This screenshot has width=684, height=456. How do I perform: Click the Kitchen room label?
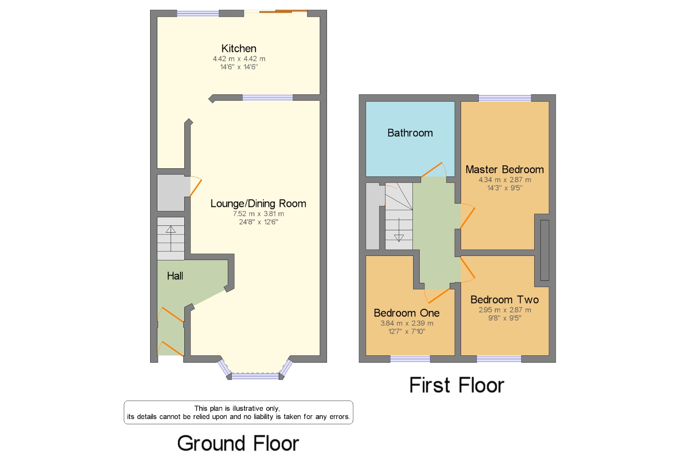tap(239, 49)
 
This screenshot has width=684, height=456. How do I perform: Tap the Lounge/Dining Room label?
tap(258, 204)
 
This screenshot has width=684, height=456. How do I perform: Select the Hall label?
tap(175, 276)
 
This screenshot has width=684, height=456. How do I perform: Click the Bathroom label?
tap(410, 133)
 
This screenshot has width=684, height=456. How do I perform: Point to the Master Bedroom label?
tap(505, 169)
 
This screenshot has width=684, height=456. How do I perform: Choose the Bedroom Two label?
tap(505, 300)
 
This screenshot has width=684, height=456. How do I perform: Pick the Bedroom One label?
tap(407, 313)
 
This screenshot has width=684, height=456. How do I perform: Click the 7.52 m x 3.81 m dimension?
tap(259, 214)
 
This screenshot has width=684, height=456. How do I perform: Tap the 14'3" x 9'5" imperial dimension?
tap(505, 188)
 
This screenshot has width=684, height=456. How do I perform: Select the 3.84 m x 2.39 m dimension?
tap(407, 323)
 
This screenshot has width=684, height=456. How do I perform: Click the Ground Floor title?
tap(238, 443)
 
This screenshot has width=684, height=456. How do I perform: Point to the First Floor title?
tap(457, 385)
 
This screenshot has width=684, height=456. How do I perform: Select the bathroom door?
tap(432, 170)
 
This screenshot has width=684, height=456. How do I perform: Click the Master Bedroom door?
tap(468, 218)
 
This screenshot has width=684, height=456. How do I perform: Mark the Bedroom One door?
tap(439, 296)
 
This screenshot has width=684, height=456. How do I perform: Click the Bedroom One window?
tap(410, 359)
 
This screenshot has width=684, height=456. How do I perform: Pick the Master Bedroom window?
tap(505, 98)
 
